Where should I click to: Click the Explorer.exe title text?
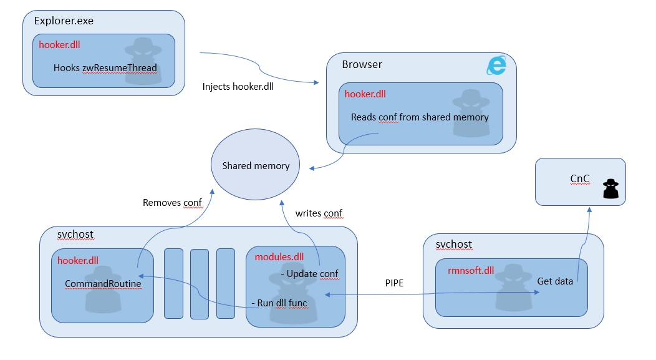point(64,21)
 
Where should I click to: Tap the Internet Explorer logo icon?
point(496,65)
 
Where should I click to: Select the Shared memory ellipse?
point(255,165)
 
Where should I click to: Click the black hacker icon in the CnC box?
point(610,188)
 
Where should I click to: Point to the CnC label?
point(579,178)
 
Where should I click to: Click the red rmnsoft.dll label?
point(471,270)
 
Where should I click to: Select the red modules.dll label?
point(279,256)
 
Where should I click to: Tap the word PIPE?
point(394,283)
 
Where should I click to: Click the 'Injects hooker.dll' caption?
point(238,87)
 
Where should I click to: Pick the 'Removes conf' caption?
point(172,203)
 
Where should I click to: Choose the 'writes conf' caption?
point(319,213)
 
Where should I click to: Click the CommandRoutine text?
point(103,284)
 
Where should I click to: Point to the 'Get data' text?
point(555,281)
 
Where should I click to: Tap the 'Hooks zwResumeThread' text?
point(105,68)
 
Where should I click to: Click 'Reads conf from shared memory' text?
point(420,117)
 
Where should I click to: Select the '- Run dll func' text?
point(279,303)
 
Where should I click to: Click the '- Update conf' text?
point(309,274)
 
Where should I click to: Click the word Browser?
point(362,64)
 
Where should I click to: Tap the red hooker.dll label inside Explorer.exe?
point(59,45)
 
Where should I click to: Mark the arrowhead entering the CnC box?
point(589,210)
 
